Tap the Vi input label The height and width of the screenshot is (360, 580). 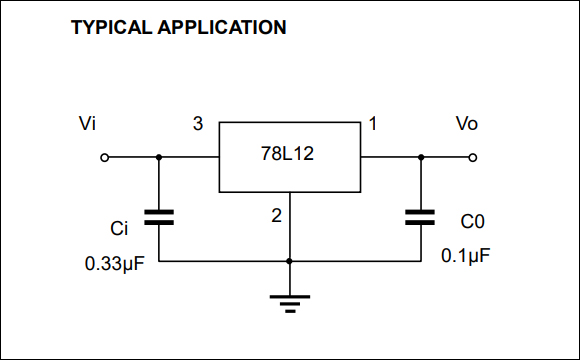click(88, 124)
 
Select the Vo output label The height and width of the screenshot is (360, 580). click(466, 124)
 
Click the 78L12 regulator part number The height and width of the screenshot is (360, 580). click(289, 157)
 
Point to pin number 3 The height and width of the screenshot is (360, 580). click(198, 124)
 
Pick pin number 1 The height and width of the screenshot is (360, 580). click(373, 124)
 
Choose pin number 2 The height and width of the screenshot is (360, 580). click(277, 214)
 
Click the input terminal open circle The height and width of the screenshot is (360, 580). click(105, 157)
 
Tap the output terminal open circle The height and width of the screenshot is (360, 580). click(473, 157)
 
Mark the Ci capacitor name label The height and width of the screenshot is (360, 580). click(119, 229)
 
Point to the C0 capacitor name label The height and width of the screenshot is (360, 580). click(473, 221)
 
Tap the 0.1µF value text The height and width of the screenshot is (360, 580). click(466, 256)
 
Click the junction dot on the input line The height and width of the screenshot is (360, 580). click(159, 157)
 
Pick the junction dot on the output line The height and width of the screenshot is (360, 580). click(420, 157)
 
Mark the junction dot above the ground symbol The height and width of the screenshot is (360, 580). click(289, 261)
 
